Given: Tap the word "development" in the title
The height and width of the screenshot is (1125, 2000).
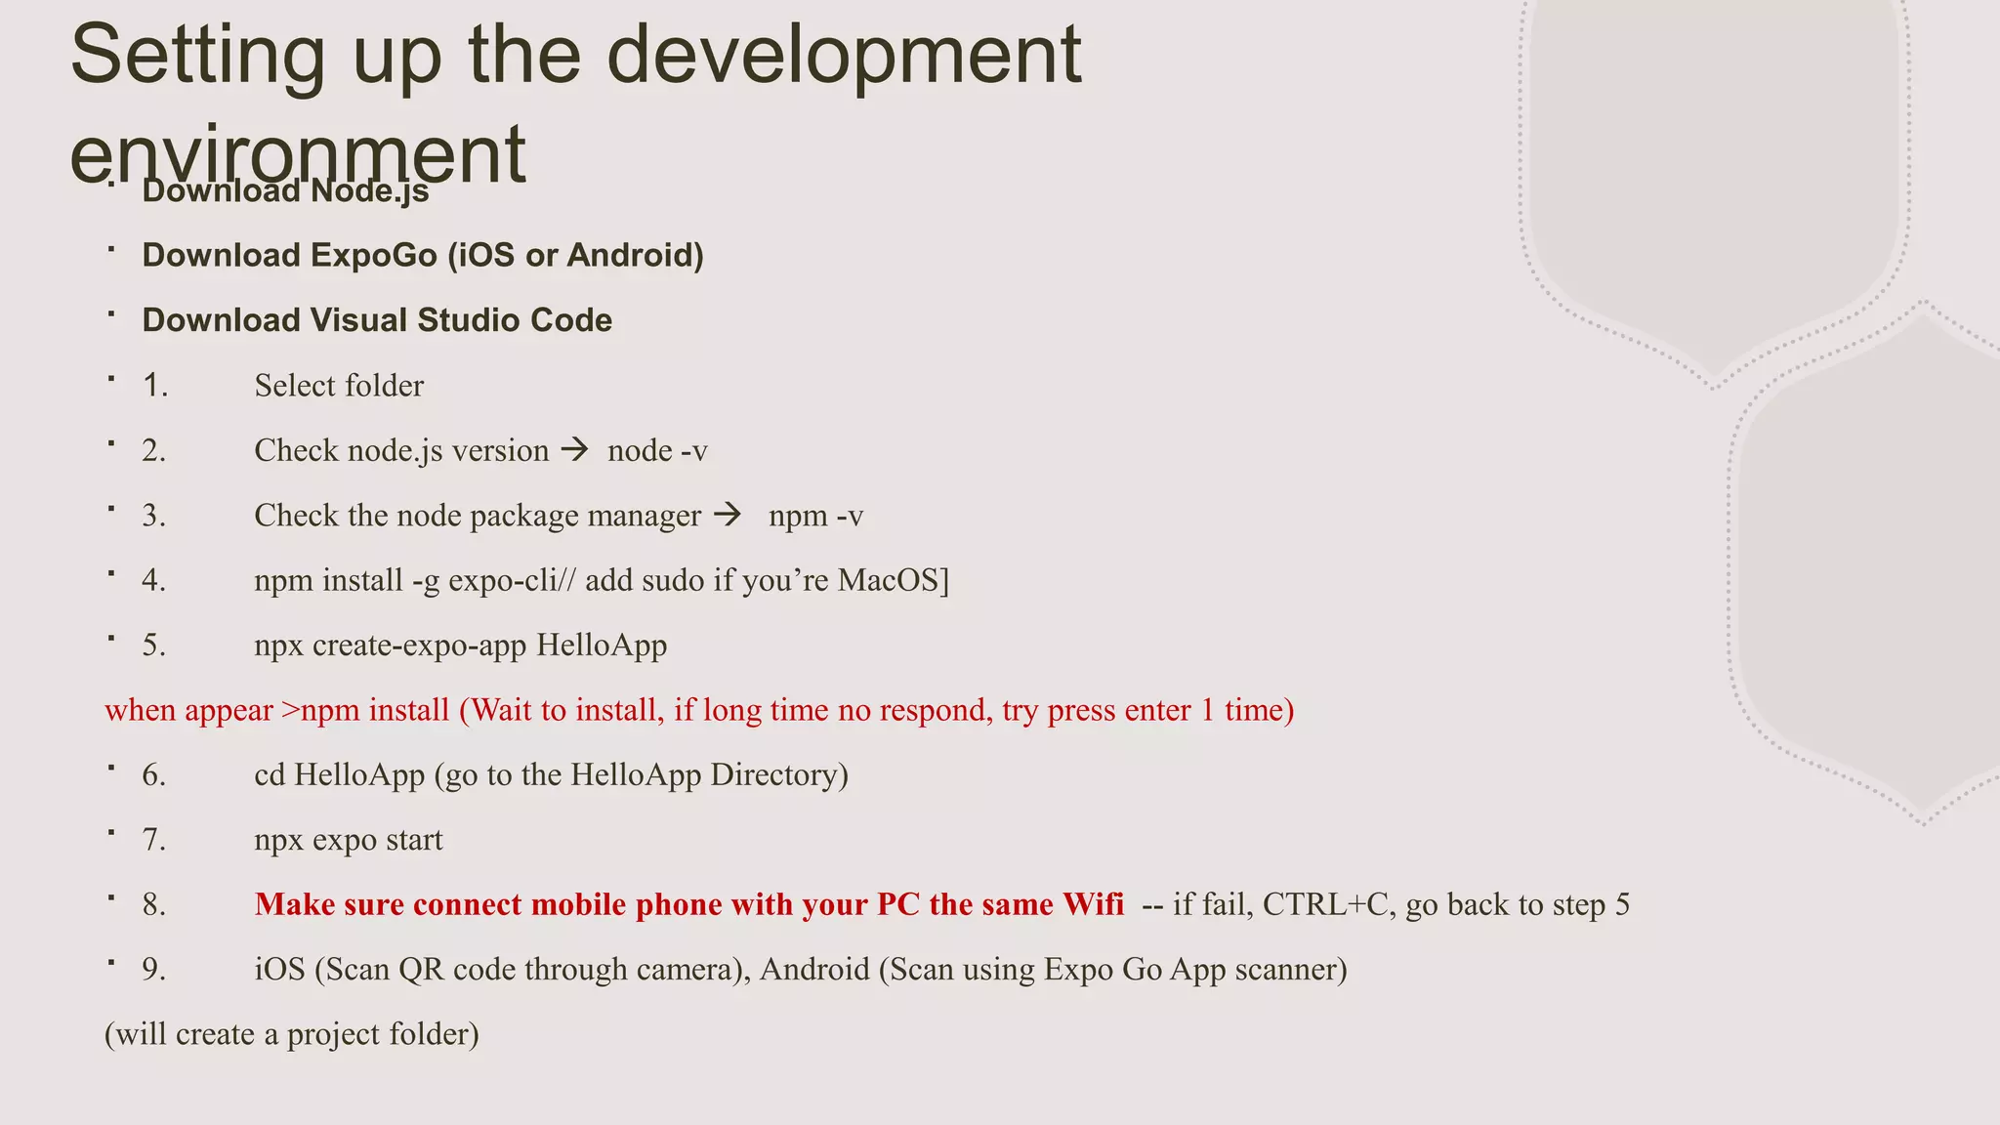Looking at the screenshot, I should (x=844, y=56).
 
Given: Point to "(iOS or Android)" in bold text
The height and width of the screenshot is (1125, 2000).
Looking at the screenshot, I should (x=575, y=256).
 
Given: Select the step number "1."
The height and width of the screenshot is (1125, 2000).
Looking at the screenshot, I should (x=154, y=386).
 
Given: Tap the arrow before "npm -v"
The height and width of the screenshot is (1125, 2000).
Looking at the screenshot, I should (x=729, y=515).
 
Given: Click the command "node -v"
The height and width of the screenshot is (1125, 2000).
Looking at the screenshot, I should (x=657, y=451).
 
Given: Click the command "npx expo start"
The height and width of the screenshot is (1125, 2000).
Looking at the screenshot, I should (x=349, y=840).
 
